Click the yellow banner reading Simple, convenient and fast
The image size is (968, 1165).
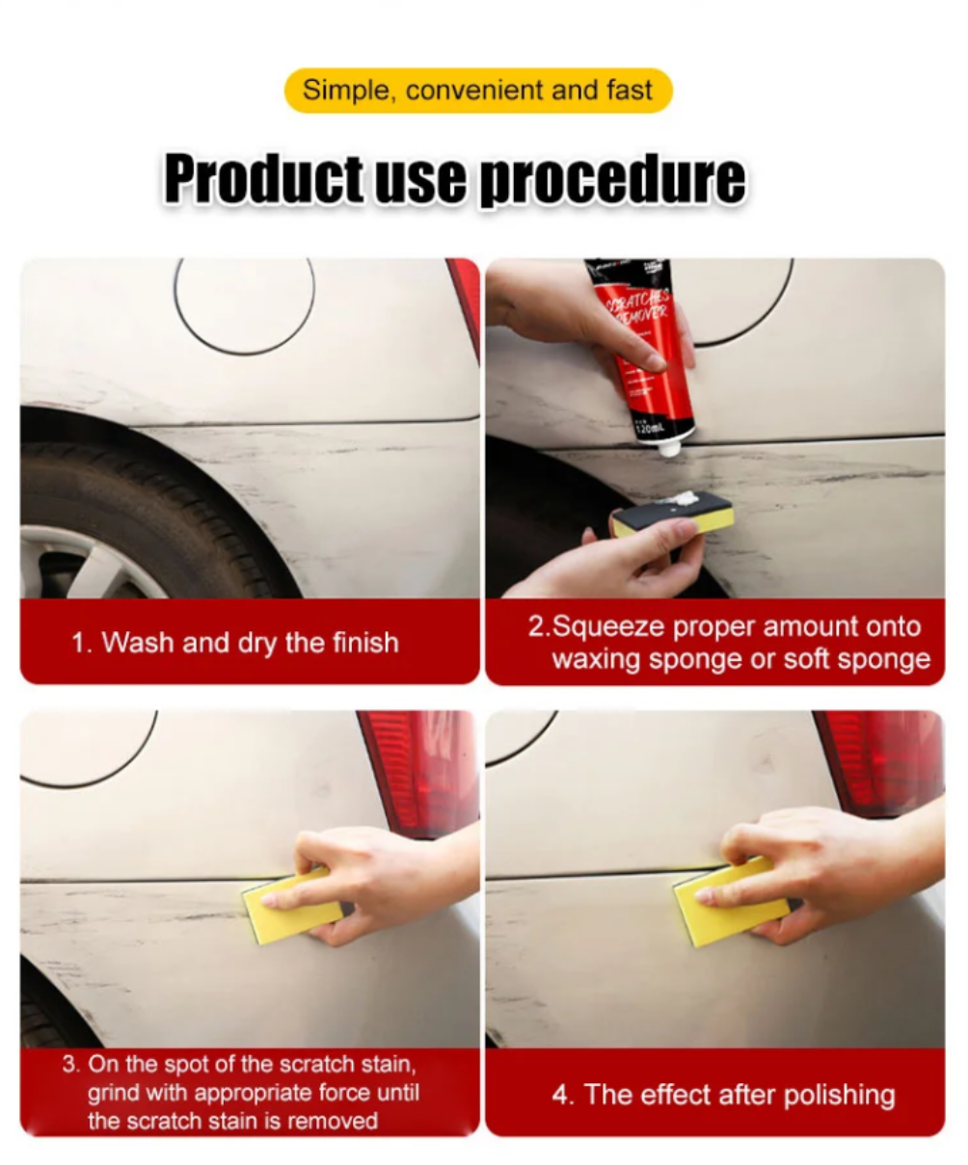click(x=478, y=91)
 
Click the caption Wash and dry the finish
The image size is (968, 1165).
click(x=234, y=643)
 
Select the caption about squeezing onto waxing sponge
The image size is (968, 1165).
click(x=726, y=643)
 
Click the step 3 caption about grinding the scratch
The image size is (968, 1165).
click(x=241, y=1093)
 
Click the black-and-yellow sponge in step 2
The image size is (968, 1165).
click(x=672, y=514)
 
